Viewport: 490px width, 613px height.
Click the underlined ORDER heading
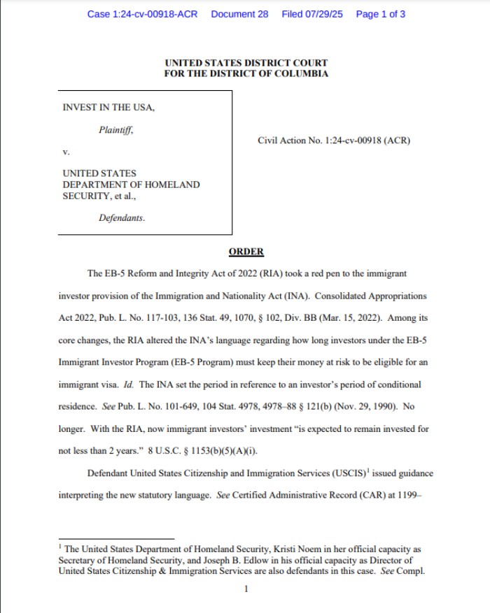pos(246,252)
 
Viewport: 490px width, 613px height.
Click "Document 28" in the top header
pos(239,14)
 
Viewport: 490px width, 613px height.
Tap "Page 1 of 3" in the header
pos(380,14)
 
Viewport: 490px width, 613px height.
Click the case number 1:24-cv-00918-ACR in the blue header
pos(143,14)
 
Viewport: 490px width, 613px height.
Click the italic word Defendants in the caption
pos(122,218)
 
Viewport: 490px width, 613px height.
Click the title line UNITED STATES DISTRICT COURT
pos(246,64)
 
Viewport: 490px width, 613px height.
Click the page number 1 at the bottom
pos(246,589)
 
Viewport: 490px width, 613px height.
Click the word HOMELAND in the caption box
pos(169,185)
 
